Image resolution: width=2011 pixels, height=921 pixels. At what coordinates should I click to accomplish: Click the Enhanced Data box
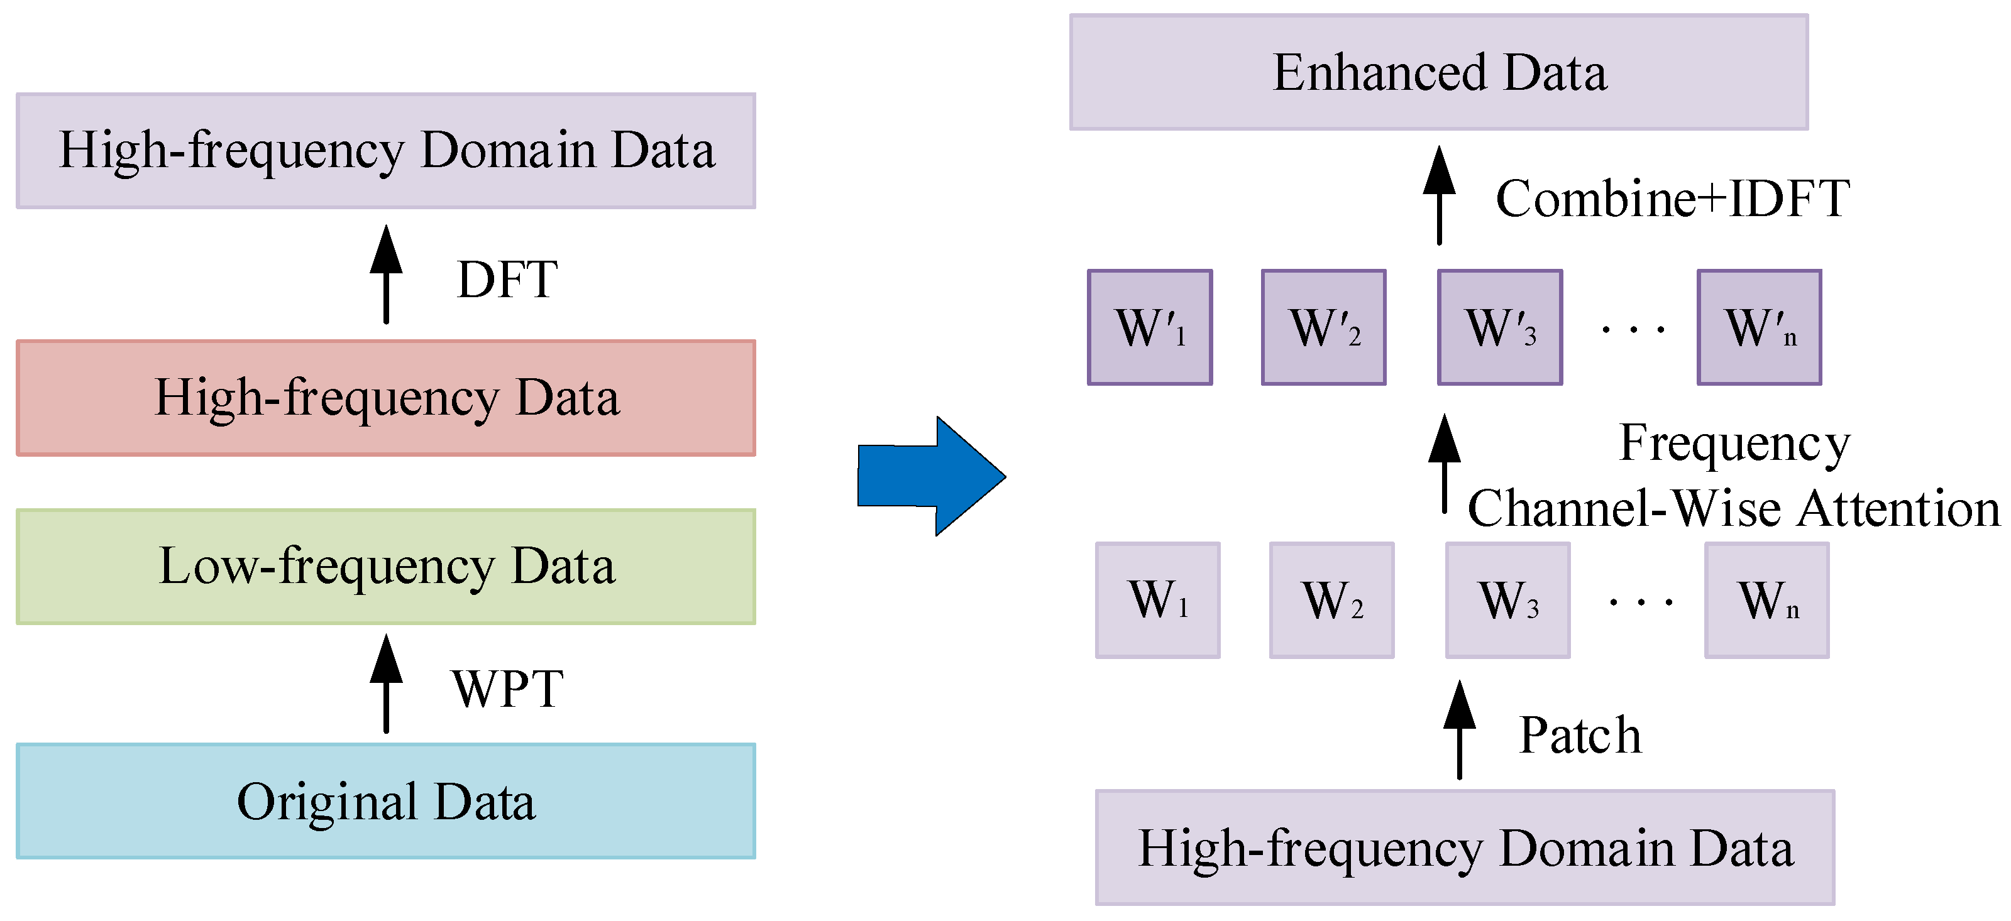click(x=1439, y=72)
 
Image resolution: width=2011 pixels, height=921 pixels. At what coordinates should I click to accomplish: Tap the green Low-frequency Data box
click(x=385, y=567)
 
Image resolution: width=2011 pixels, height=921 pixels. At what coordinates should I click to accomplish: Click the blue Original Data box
click(x=385, y=801)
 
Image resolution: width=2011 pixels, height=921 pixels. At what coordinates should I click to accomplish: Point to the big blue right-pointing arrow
click(x=932, y=476)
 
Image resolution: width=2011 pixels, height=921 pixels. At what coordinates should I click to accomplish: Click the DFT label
click(x=507, y=280)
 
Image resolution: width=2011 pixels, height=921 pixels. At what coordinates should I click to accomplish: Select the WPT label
click(x=507, y=689)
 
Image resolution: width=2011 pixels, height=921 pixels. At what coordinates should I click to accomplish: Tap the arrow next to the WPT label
click(x=385, y=683)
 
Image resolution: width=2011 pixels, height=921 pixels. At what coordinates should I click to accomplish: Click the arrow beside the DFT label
click(x=385, y=274)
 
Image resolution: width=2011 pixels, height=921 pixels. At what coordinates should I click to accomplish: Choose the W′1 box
click(x=1150, y=327)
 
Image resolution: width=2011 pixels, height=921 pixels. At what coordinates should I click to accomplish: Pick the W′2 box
click(x=1324, y=327)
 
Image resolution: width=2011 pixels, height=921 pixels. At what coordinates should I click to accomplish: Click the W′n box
click(x=1760, y=327)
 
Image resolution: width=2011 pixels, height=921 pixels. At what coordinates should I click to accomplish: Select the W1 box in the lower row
click(x=1158, y=600)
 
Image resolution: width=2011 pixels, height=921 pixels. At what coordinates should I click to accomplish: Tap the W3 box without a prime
click(x=1508, y=600)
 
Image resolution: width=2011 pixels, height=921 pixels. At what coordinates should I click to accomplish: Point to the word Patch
click(x=1581, y=735)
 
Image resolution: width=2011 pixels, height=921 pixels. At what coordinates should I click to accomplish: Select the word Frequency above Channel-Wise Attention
click(x=1734, y=444)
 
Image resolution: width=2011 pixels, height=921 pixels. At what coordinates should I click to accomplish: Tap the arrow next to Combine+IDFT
click(x=1440, y=195)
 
